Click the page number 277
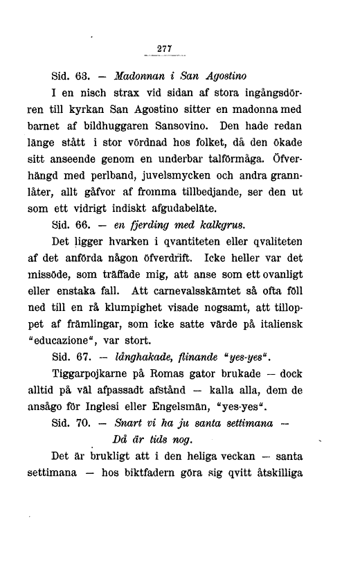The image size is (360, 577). (164, 48)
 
